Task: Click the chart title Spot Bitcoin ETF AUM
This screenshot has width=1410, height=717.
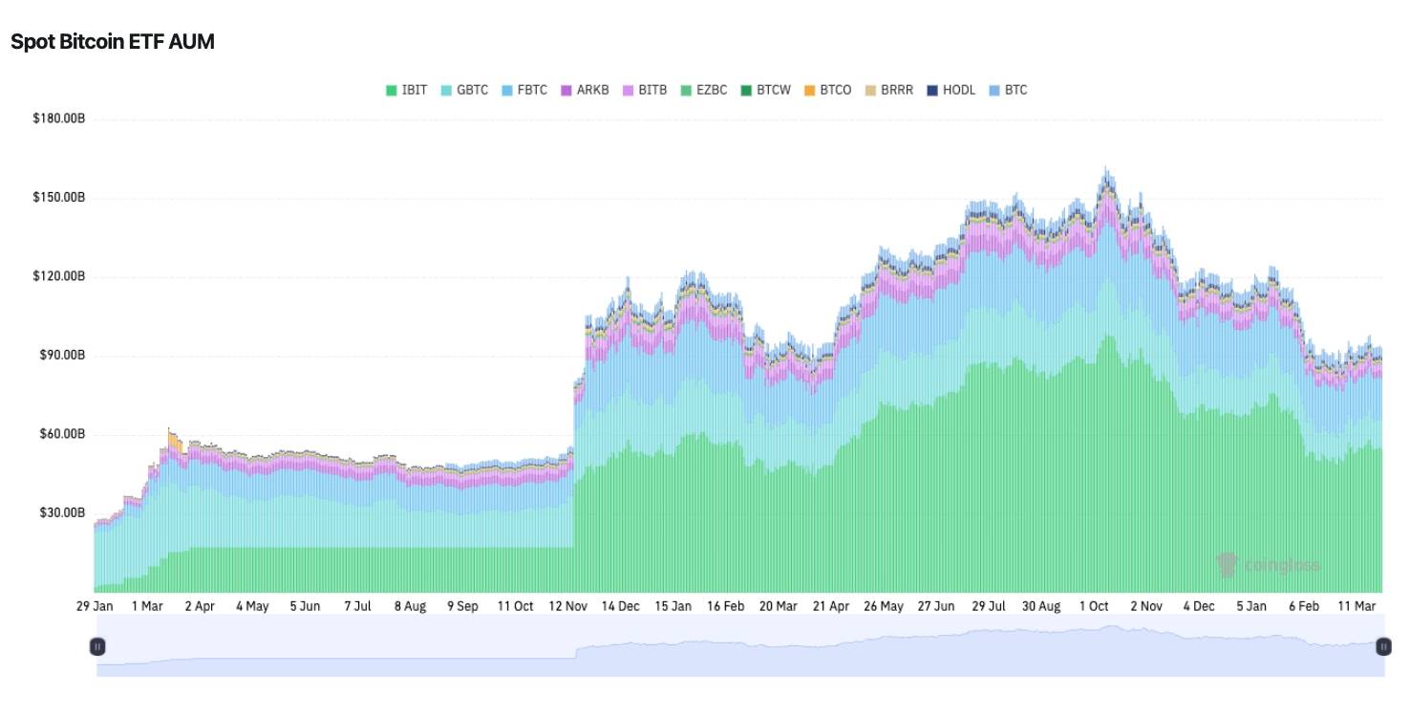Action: (113, 42)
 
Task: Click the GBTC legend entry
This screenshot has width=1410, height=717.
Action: (464, 90)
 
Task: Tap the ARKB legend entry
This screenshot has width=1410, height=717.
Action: (585, 90)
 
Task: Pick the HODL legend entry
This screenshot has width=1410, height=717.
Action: (951, 90)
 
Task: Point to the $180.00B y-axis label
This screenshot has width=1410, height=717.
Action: (59, 119)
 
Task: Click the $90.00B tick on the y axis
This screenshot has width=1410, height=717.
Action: (62, 355)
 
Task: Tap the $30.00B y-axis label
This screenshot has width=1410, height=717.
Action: (62, 512)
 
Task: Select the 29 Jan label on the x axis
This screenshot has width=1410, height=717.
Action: (95, 606)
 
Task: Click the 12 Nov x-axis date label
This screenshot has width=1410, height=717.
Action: (568, 606)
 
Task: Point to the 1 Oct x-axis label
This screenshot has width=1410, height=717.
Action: (1094, 606)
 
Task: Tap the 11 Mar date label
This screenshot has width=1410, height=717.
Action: (1357, 606)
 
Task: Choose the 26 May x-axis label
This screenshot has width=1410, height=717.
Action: (884, 606)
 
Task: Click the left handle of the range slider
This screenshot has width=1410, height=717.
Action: (96, 647)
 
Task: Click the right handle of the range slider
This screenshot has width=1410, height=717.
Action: (1383, 647)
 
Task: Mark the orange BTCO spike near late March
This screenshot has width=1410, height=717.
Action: (174, 441)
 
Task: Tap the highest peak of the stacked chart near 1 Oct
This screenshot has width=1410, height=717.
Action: (1106, 170)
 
